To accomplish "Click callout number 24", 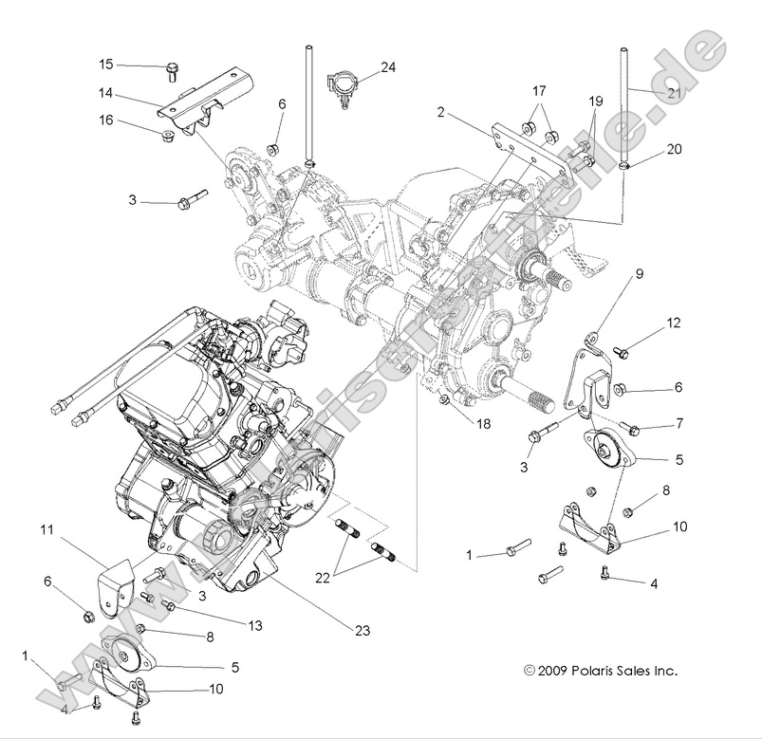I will (388, 67).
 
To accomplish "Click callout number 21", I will (673, 92).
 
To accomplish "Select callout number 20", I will (673, 149).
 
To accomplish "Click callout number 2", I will (441, 112).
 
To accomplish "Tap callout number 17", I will (539, 91).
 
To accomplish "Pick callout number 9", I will (639, 273).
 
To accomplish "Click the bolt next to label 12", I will (623, 352).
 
